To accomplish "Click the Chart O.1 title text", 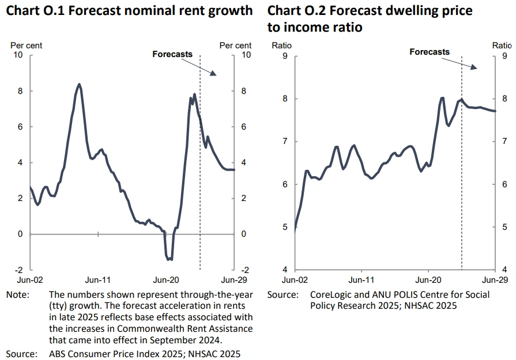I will click(129, 10).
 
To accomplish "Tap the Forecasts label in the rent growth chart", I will click(172, 54).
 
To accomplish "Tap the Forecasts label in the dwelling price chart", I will click(430, 52).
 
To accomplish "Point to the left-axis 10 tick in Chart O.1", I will click(18, 55).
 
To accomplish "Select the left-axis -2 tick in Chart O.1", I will click(18, 270).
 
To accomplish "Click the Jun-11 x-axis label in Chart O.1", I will click(98, 281).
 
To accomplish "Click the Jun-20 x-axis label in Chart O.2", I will click(428, 281).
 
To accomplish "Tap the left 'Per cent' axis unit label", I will click(26, 46).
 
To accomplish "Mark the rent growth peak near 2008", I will click(79, 84).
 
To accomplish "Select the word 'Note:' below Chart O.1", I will click(17, 294).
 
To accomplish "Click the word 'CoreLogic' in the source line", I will click(332, 294).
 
